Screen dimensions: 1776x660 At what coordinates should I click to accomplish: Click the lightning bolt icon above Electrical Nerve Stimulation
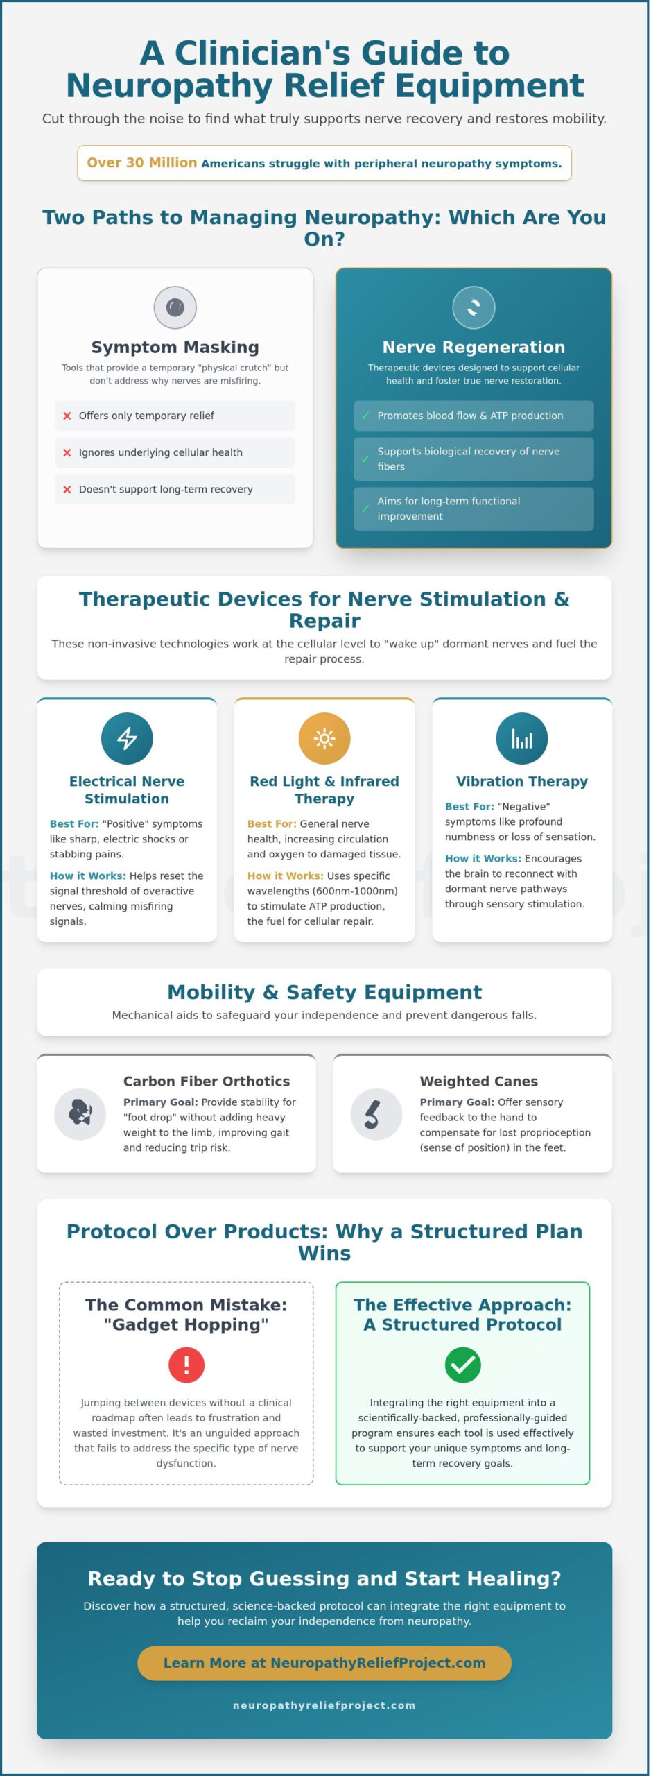tap(127, 738)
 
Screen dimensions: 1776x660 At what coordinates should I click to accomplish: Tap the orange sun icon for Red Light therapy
tap(324, 738)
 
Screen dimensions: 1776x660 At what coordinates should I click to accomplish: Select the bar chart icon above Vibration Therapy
tap(521, 738)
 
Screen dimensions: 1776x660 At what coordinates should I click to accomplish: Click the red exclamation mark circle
tap(186, 1365)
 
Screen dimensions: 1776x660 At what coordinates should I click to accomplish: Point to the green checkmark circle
tap(462, 1365)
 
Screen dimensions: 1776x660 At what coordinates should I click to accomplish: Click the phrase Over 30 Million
tap(141, 163)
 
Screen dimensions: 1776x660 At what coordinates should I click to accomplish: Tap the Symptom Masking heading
tap(175, 347)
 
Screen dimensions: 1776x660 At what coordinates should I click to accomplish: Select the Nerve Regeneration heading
tap(474, 347)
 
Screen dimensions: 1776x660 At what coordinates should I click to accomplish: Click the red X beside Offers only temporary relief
tap(67, 416)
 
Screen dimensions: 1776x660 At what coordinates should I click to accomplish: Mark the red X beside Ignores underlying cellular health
tap(67, 452)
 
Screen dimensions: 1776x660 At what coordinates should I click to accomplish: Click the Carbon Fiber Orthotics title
tap(207, 1081)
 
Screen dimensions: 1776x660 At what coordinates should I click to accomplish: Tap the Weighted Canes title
tap(478, 1081)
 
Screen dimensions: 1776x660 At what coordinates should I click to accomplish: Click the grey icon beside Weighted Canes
tap(376, 1114)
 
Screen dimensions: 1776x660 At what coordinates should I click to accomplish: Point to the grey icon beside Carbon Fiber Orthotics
tap(80, 1114)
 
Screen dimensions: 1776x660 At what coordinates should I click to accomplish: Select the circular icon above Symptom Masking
tap(175, 307)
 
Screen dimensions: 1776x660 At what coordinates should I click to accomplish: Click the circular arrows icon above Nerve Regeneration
tap(474, 307)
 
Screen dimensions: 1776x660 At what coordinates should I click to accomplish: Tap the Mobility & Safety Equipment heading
tap(324, 992)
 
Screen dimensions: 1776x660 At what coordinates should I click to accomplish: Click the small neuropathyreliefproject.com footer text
tap(324, 1705)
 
